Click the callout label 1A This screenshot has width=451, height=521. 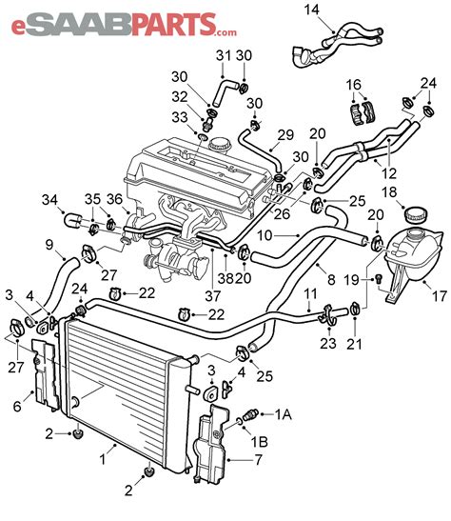[x=283, y=415]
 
